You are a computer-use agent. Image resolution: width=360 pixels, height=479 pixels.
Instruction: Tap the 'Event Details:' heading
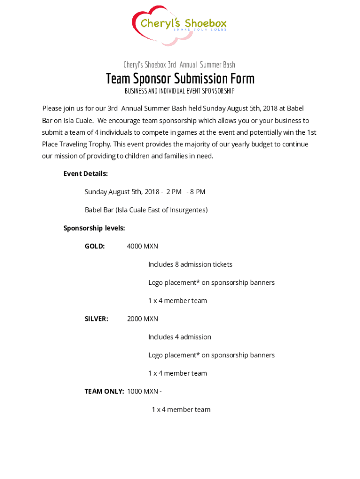coord(86,174)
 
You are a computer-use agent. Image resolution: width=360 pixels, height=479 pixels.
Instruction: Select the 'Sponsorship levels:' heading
coord(94,228)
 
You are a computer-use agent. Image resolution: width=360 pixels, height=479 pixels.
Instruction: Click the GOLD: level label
coord(94,246)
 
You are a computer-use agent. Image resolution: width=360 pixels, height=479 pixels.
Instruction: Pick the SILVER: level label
coord(96,319)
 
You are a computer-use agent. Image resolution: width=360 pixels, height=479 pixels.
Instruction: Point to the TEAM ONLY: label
coord(104,391)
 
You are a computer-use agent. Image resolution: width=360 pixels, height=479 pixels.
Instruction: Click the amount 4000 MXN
coord(143,246)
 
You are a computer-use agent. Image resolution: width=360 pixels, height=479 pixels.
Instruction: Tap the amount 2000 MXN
coord(143,319)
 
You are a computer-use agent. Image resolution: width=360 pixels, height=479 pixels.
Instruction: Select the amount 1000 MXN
coord(143,391)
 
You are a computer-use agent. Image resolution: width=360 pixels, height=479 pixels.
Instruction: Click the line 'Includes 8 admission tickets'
coord(190,264)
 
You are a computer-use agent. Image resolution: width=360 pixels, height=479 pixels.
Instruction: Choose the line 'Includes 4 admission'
coord(180,337)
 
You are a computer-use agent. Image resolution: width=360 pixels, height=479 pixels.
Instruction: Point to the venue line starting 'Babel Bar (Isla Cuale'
coord(146,210)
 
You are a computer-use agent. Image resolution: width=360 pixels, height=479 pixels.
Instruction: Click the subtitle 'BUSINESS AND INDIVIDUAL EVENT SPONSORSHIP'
coord(180,91)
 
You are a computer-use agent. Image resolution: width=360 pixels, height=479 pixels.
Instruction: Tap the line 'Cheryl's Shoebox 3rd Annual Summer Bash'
coord(179,65)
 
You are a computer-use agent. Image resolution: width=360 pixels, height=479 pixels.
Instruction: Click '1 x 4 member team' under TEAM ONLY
coord(181,409)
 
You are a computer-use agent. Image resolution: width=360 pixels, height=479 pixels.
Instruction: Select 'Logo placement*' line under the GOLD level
coord(211,283)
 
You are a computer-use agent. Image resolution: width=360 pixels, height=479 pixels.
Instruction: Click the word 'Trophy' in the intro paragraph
coord(101,144)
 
